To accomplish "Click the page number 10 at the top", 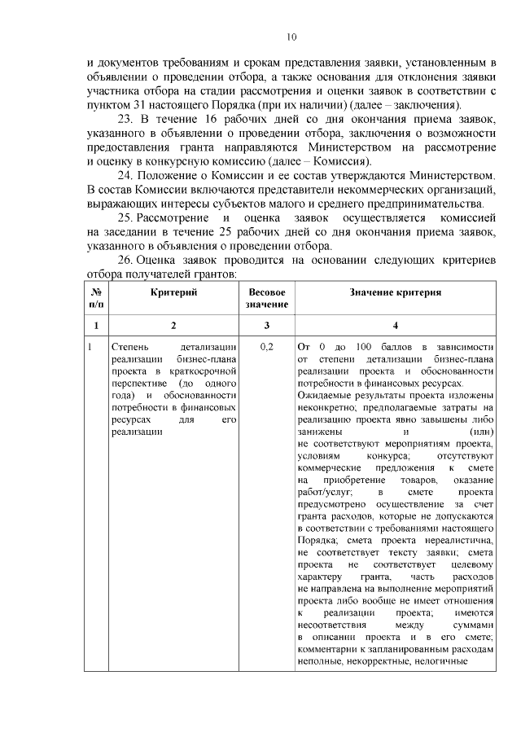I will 291,37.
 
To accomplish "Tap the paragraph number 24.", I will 128,175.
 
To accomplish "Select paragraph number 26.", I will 128,260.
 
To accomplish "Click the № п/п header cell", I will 96,298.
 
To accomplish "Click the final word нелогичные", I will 438,660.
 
